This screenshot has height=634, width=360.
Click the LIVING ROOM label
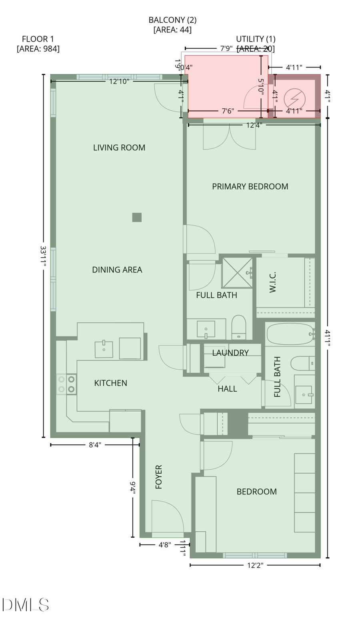click(x=119, y=148)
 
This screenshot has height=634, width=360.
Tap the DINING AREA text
click(x=117, y=270)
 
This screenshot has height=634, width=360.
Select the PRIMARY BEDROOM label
click(x=250, y=186)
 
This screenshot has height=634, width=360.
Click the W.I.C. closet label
click(x=273, y=282)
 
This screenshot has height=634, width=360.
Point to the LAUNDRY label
click(x=230, y=353)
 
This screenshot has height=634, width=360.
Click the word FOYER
click(x=159, y=477)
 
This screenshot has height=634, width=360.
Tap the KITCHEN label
click(x=110, y=383)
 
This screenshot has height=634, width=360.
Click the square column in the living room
click(x=137, y=217)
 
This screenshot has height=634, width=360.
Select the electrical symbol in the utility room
click(x=294, y=98)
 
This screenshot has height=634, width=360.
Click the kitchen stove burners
click(x=66, y=384)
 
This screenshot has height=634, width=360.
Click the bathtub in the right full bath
click(x=289, y=334)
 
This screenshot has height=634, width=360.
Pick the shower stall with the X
click(x=237, y=273)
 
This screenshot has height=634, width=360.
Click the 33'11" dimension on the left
click(x=44, y=256)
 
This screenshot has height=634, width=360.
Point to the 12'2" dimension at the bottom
click(x=255, y=565)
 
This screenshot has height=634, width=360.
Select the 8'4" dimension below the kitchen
click(x=95, y=445)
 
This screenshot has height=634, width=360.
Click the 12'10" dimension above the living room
click(x=119, y=82)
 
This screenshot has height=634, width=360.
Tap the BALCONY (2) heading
click(x=172, y=20)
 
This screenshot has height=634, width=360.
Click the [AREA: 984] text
click(x=38, y=49)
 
